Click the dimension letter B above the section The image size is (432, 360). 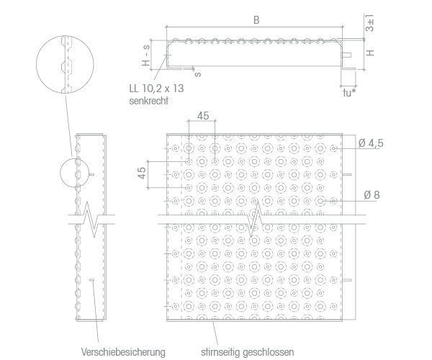pos(256,20)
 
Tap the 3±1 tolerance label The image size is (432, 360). pos(370,23)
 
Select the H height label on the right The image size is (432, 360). pos(371,53)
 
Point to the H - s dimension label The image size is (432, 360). pos(146,55)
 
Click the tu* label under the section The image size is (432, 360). pos(349,93)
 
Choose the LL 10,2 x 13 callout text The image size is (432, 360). pos(156,89)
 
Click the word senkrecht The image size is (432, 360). pos(148,101)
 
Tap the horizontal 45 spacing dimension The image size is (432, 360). pos(203,116)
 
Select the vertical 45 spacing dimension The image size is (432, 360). pos(142,173)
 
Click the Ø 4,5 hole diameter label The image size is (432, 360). pos(371,143)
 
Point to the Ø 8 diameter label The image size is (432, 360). pos(372,195)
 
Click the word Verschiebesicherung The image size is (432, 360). pos(123,352)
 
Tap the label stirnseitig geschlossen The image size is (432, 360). pos(248,352)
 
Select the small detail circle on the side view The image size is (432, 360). pos(60,173)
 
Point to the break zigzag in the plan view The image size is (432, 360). pos(255,219)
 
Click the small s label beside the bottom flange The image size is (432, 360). pos(198,74)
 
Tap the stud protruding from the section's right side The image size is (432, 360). pos(346,55)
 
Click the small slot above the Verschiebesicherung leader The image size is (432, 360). pos(91,280)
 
